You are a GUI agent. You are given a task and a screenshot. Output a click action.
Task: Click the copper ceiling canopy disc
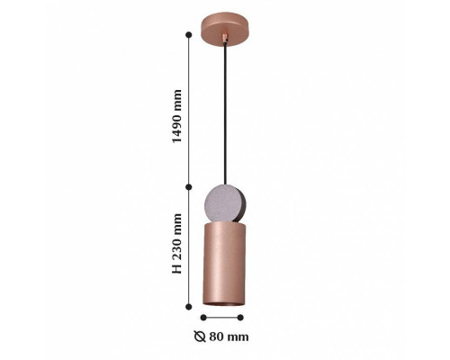coord(225,29)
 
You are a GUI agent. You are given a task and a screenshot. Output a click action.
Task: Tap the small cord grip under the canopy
coord(225,38)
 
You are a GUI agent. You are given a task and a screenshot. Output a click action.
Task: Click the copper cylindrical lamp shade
coord(224,265)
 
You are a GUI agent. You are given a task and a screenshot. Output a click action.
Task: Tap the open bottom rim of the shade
coord(223,303)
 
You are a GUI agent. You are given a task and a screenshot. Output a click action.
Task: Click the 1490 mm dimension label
coord(176,116)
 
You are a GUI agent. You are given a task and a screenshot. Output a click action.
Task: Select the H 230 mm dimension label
coord(176,244)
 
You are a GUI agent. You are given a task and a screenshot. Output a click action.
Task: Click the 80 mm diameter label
coord(221,337)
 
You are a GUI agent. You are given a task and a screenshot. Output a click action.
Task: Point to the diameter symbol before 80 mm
coord(200,337)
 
